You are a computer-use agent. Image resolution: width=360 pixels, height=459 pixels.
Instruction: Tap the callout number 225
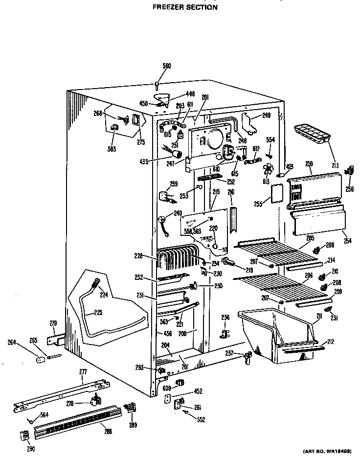click(98, 312)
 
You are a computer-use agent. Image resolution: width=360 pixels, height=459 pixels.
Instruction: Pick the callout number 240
click(177, 213)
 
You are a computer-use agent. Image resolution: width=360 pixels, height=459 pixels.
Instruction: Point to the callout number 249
click(266, 115)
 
